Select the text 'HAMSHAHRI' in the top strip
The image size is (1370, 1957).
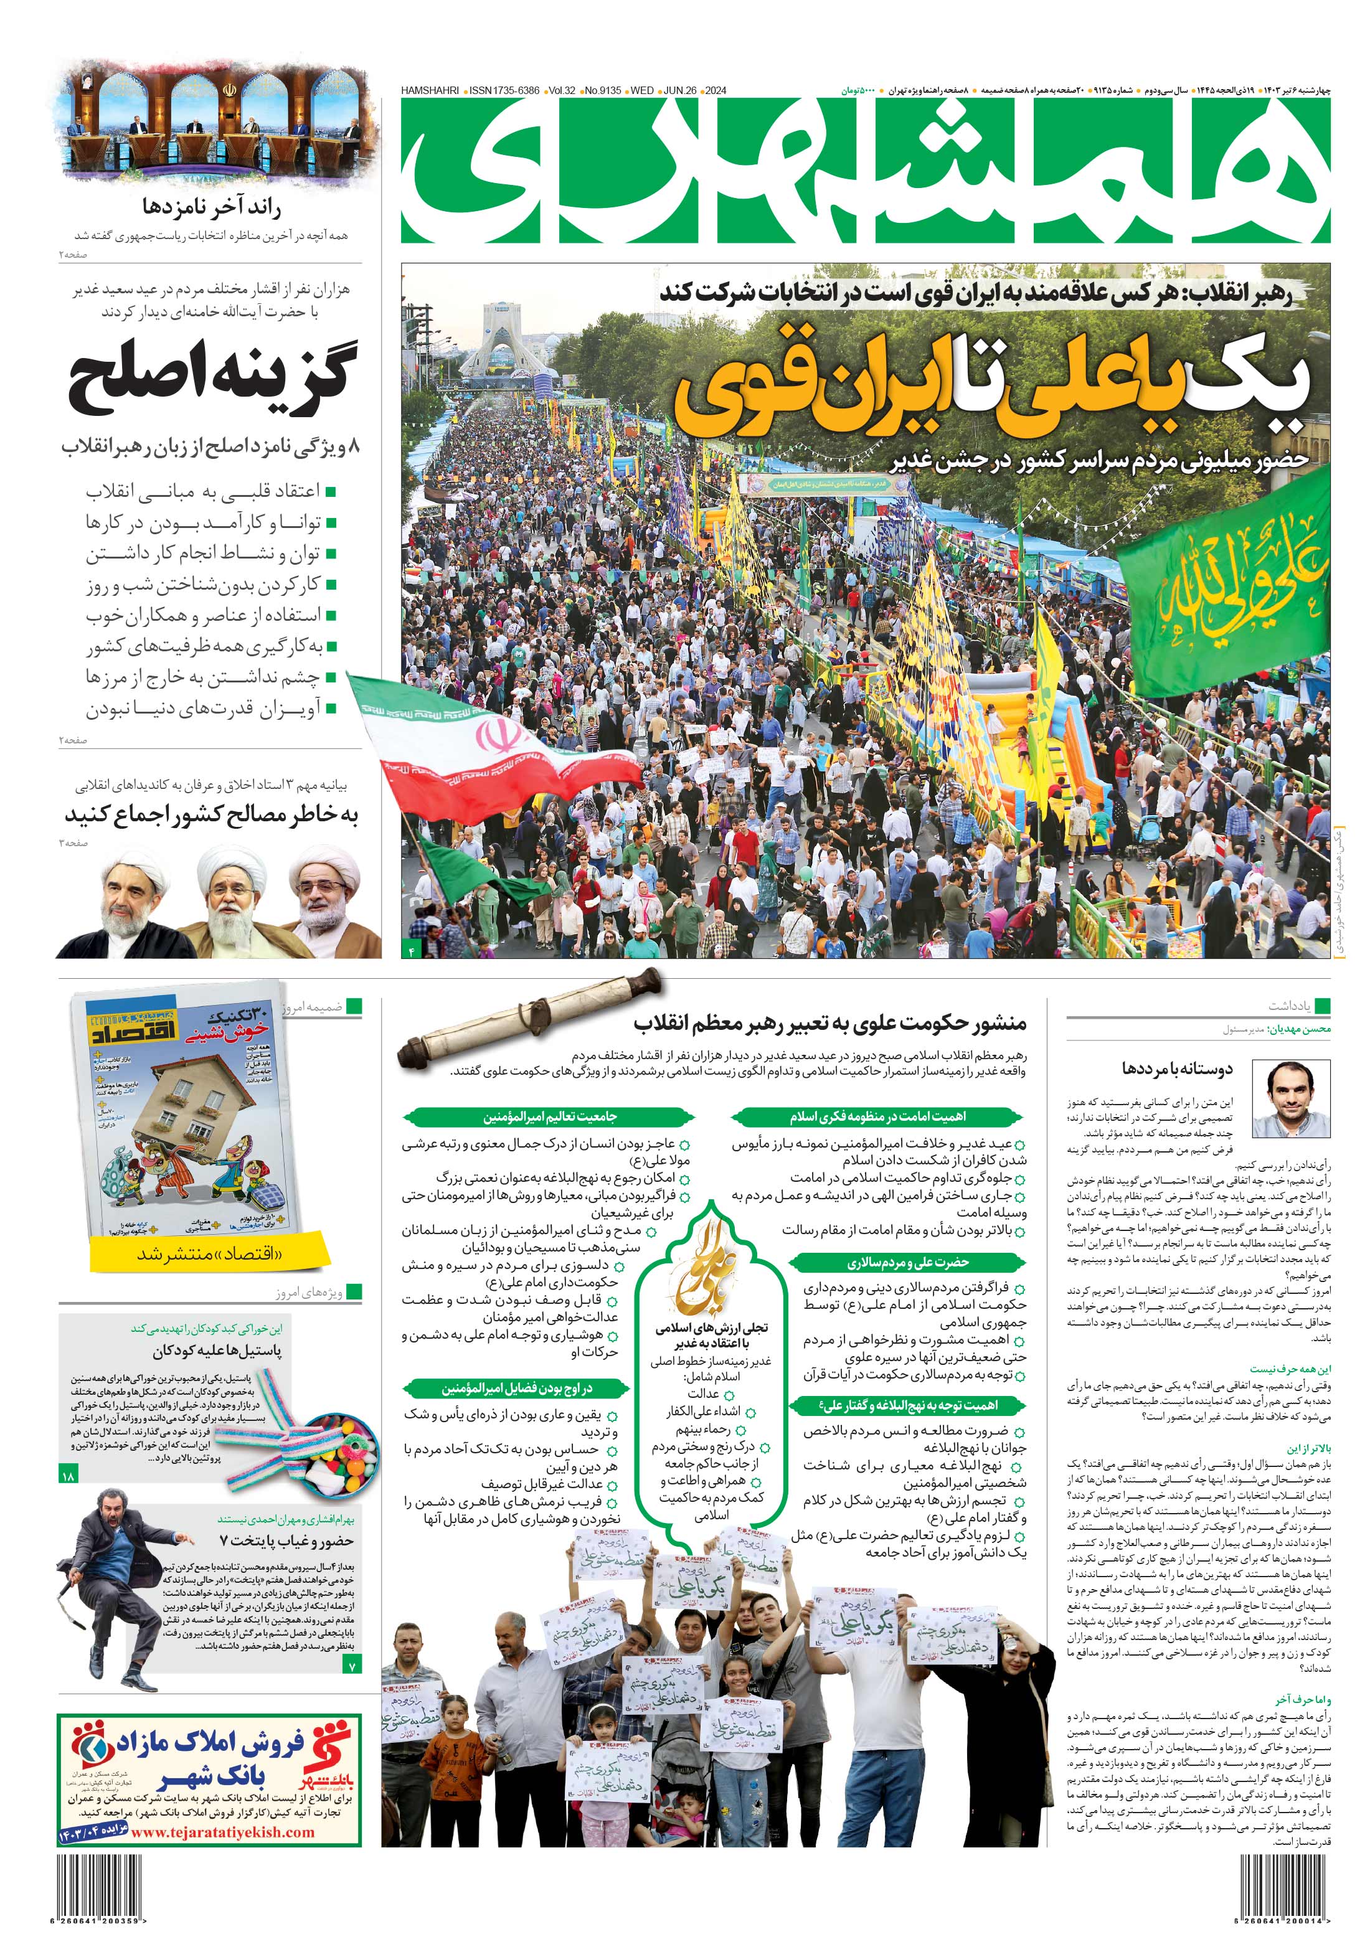430,90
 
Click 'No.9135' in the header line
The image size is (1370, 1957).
603,90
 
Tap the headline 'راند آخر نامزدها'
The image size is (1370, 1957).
212,207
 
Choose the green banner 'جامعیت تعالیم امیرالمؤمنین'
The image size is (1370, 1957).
549,1116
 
